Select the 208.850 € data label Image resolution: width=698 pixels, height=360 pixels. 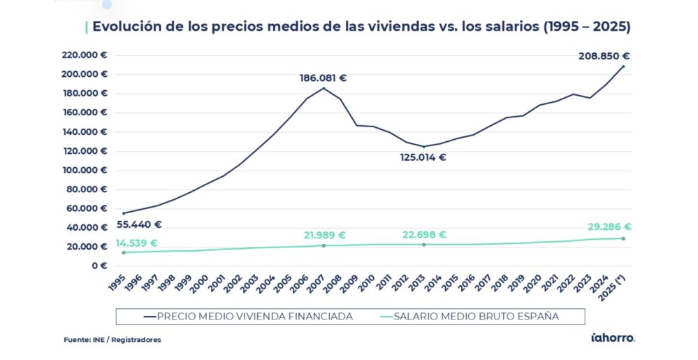[x=604, y=56]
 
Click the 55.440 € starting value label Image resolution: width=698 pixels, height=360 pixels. [x=139, y=224]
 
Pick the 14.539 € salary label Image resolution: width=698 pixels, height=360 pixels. [x=136, y=243]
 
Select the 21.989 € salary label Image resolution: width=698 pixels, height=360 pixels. [x=324, y=236]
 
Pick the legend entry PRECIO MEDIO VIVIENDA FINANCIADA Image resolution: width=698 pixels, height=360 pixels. [x=247, y=316]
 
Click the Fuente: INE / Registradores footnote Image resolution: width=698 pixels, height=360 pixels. [x=112, y=340]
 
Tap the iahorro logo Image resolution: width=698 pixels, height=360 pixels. [x=613, y=338]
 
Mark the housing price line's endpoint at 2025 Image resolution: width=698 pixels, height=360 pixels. [x=623, y=66]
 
